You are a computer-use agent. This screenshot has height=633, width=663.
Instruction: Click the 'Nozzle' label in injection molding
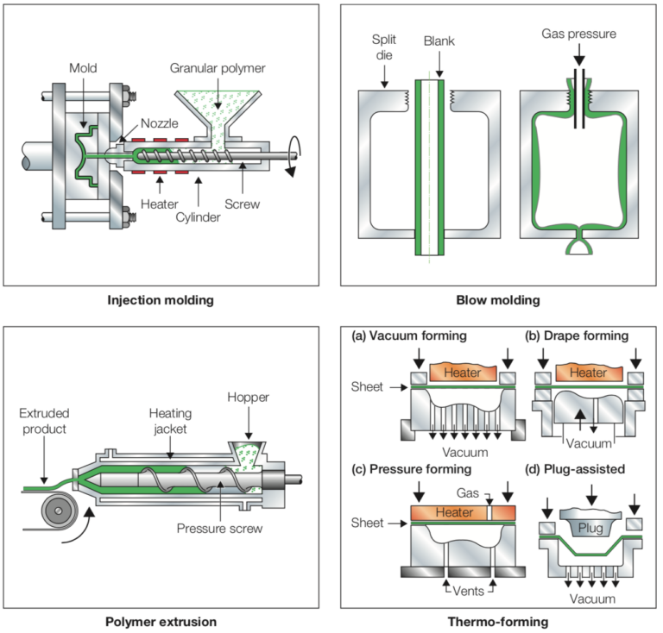159,123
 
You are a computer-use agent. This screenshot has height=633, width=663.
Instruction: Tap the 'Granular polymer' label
218,68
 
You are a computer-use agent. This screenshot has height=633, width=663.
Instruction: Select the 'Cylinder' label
198,217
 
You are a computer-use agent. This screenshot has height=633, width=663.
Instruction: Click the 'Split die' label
384,47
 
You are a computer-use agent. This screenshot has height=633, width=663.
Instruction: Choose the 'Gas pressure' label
579,34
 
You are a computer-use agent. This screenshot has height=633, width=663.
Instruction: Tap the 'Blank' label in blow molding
439,41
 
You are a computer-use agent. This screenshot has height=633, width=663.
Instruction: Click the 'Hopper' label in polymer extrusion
248,398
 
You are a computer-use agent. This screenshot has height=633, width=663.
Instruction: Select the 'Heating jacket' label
170,421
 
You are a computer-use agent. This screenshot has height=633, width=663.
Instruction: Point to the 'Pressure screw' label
219,529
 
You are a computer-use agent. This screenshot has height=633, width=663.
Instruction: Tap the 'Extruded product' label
44,421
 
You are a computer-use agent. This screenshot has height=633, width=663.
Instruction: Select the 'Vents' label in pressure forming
468,591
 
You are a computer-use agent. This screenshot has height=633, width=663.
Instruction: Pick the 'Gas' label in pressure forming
468,492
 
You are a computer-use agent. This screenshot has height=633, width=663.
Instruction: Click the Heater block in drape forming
589,372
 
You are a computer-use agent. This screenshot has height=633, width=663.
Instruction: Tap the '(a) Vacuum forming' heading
409,335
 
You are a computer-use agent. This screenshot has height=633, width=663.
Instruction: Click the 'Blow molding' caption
498,300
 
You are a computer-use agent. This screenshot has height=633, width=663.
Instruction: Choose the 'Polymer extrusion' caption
161,622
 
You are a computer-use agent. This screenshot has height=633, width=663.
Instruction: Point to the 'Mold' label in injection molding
83,68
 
